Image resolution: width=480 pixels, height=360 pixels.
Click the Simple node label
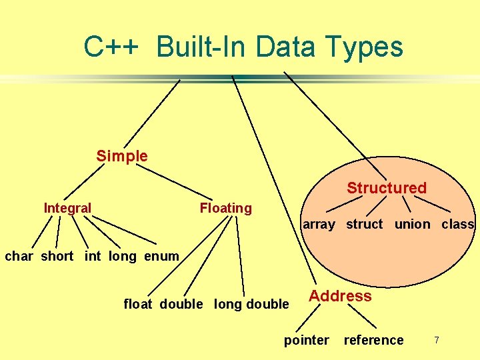click(122, 156)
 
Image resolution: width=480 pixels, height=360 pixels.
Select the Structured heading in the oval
click(386, 188)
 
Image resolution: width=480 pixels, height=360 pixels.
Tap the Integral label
click(67, 208)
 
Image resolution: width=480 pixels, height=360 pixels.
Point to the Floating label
click(225, 208)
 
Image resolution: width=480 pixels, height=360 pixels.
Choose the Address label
click(340, 296)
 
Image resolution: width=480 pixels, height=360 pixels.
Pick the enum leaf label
click(161, 256)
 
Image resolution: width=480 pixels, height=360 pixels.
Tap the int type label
click(93, 256)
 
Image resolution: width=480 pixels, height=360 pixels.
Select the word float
click(138, 304)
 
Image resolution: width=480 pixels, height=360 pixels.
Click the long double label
click(251, 304)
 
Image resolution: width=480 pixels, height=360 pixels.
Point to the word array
click(319, 224)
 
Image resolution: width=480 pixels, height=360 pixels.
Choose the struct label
click(364, 224)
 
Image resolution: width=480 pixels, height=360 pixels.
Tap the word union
click(412, 224)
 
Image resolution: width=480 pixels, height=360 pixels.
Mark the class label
click(457, 224)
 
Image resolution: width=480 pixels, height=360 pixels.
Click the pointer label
click(306, 340)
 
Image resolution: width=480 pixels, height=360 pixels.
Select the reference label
click(373, 340)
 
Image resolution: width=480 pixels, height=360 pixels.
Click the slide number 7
click(437, 340)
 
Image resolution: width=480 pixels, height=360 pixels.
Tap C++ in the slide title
click(111, 47)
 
